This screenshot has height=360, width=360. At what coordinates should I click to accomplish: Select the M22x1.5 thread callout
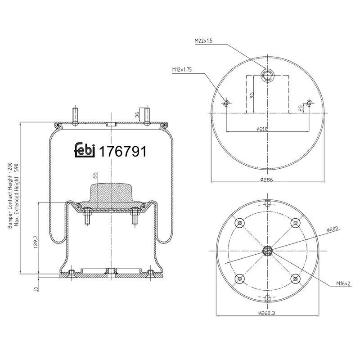pos(203,41)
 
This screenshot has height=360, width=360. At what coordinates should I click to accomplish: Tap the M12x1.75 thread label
pos(182,70)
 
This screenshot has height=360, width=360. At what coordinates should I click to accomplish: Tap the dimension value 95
pos(252,95)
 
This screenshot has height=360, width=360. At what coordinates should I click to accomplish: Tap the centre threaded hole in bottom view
pos(267,251)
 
